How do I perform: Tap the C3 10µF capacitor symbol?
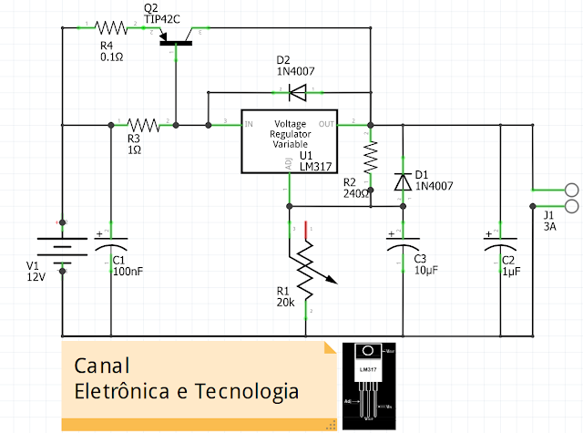point(402,246)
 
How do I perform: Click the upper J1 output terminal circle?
point(572,191)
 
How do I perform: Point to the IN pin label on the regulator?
point(248,124)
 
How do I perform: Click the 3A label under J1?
point(550,227)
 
